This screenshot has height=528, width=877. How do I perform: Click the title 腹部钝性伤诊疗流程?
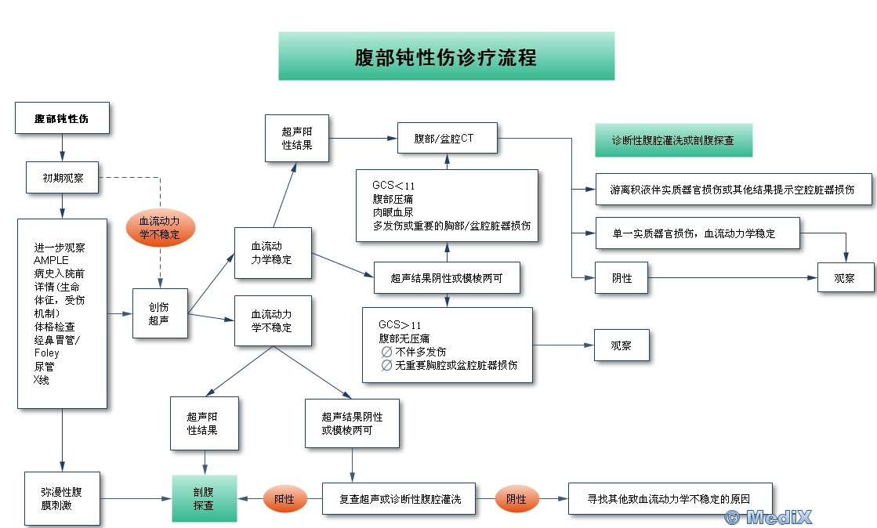tap(446, 57)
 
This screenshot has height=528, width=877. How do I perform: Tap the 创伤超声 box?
tap(160, 313)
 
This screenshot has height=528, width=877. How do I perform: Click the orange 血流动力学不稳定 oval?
tap(160, 227)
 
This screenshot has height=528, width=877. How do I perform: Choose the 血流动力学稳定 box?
tap(272, 252)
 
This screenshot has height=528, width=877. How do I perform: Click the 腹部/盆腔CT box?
tap(447, 139)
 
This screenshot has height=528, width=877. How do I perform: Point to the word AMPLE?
tap(51, 260)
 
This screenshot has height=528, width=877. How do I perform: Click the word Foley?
tap(47, 353)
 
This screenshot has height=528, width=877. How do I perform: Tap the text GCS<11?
tap(393, 186)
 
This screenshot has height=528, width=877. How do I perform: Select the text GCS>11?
tap(400, 324)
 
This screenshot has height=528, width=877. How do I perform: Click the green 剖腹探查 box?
tap(204, 498)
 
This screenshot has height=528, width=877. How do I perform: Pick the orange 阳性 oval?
tap(284, 498)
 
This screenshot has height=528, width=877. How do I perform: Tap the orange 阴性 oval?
tap(516, 498)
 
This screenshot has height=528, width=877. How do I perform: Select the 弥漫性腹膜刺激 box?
tap(62, 498)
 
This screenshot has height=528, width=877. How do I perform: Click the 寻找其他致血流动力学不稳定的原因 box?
tap(670, 498)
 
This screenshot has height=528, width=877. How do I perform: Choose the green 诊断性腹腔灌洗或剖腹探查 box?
tap(673, 140)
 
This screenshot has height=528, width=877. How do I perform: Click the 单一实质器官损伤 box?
tap(696, 233)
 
